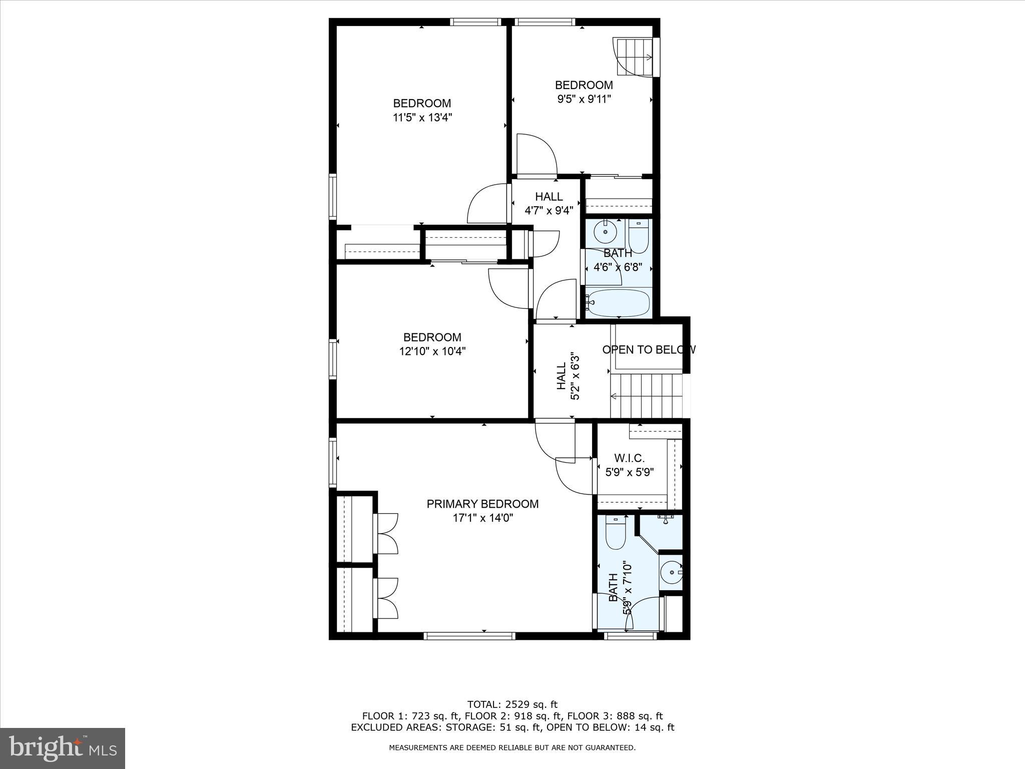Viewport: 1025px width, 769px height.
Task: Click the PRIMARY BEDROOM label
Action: [482, 504]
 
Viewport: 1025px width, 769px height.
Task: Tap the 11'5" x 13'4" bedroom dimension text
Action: [422, 118]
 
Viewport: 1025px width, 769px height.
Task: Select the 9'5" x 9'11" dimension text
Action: [584, 99]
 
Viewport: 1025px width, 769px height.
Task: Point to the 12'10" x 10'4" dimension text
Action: [432, 351]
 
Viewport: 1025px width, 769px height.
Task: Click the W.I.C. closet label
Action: [629, 458]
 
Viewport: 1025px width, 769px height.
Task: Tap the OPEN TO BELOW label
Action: [649, 349]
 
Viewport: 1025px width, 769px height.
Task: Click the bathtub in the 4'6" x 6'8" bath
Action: [619, 303]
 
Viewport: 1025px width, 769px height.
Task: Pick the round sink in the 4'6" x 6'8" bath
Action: [605, 232]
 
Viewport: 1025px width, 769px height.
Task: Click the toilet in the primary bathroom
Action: [616, 533]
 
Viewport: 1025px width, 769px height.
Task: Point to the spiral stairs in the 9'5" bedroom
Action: [634, 57]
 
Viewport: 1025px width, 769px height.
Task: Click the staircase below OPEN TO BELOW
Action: [647, 396]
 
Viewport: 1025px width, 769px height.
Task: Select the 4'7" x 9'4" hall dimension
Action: [549, 211]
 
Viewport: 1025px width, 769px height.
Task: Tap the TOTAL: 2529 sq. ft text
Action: [512, 705]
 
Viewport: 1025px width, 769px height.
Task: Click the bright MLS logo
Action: [63, 748]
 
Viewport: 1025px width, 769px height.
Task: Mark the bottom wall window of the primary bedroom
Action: [469, 636]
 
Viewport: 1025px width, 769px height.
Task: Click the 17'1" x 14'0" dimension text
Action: [483, 518]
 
